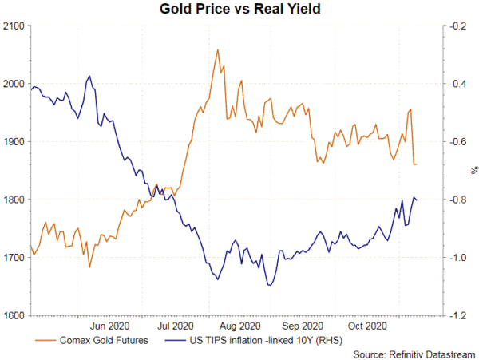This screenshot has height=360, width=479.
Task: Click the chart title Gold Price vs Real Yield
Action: pos(239,10)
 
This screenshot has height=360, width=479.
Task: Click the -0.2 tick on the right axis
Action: pos(458,26)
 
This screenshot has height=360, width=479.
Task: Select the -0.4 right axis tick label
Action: pos(458,84)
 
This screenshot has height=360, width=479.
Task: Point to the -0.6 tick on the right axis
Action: pos(458,142)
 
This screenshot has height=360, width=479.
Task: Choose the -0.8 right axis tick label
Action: pos(458,200)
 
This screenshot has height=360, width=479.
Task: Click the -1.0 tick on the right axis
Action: pos(458,258)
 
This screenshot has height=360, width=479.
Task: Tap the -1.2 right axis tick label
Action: pos(458,315)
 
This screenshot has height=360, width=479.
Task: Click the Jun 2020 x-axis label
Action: pos(109,326)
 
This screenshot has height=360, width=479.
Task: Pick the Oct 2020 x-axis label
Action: pos(367,326)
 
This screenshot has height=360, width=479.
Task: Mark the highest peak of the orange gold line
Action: pos(218,49)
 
